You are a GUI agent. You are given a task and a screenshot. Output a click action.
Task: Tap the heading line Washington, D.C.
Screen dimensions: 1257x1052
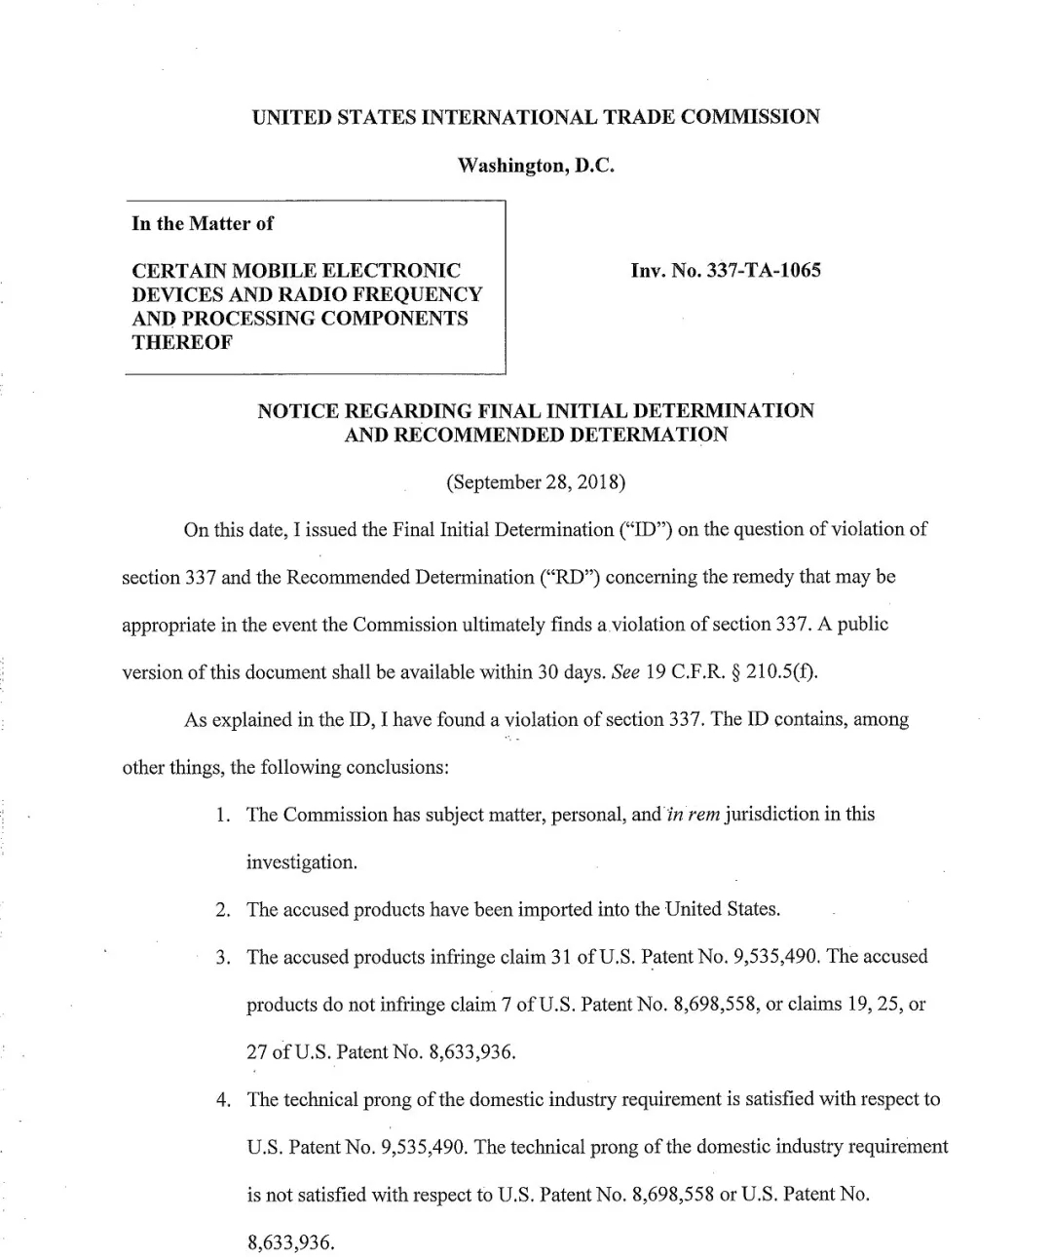tap(536, 166)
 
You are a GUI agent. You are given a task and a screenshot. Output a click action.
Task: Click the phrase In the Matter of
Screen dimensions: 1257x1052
tap(203, 223)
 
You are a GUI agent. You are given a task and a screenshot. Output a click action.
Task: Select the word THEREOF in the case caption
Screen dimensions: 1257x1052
tap(181, 342)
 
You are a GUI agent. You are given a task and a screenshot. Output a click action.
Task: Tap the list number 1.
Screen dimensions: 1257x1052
tap(223, 815)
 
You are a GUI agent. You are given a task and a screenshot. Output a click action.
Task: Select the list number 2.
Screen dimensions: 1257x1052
tap(223, 910)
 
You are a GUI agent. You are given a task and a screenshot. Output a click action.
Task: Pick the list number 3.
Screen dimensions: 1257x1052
tap(223, 957)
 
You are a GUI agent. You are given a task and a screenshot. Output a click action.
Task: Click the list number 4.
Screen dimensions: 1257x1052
tap(223, 1100)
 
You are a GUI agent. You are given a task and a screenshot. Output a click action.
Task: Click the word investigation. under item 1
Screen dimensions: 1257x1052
tap(301, 862)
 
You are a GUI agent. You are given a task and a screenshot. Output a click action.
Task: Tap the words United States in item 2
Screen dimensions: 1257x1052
tap(722, 910)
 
